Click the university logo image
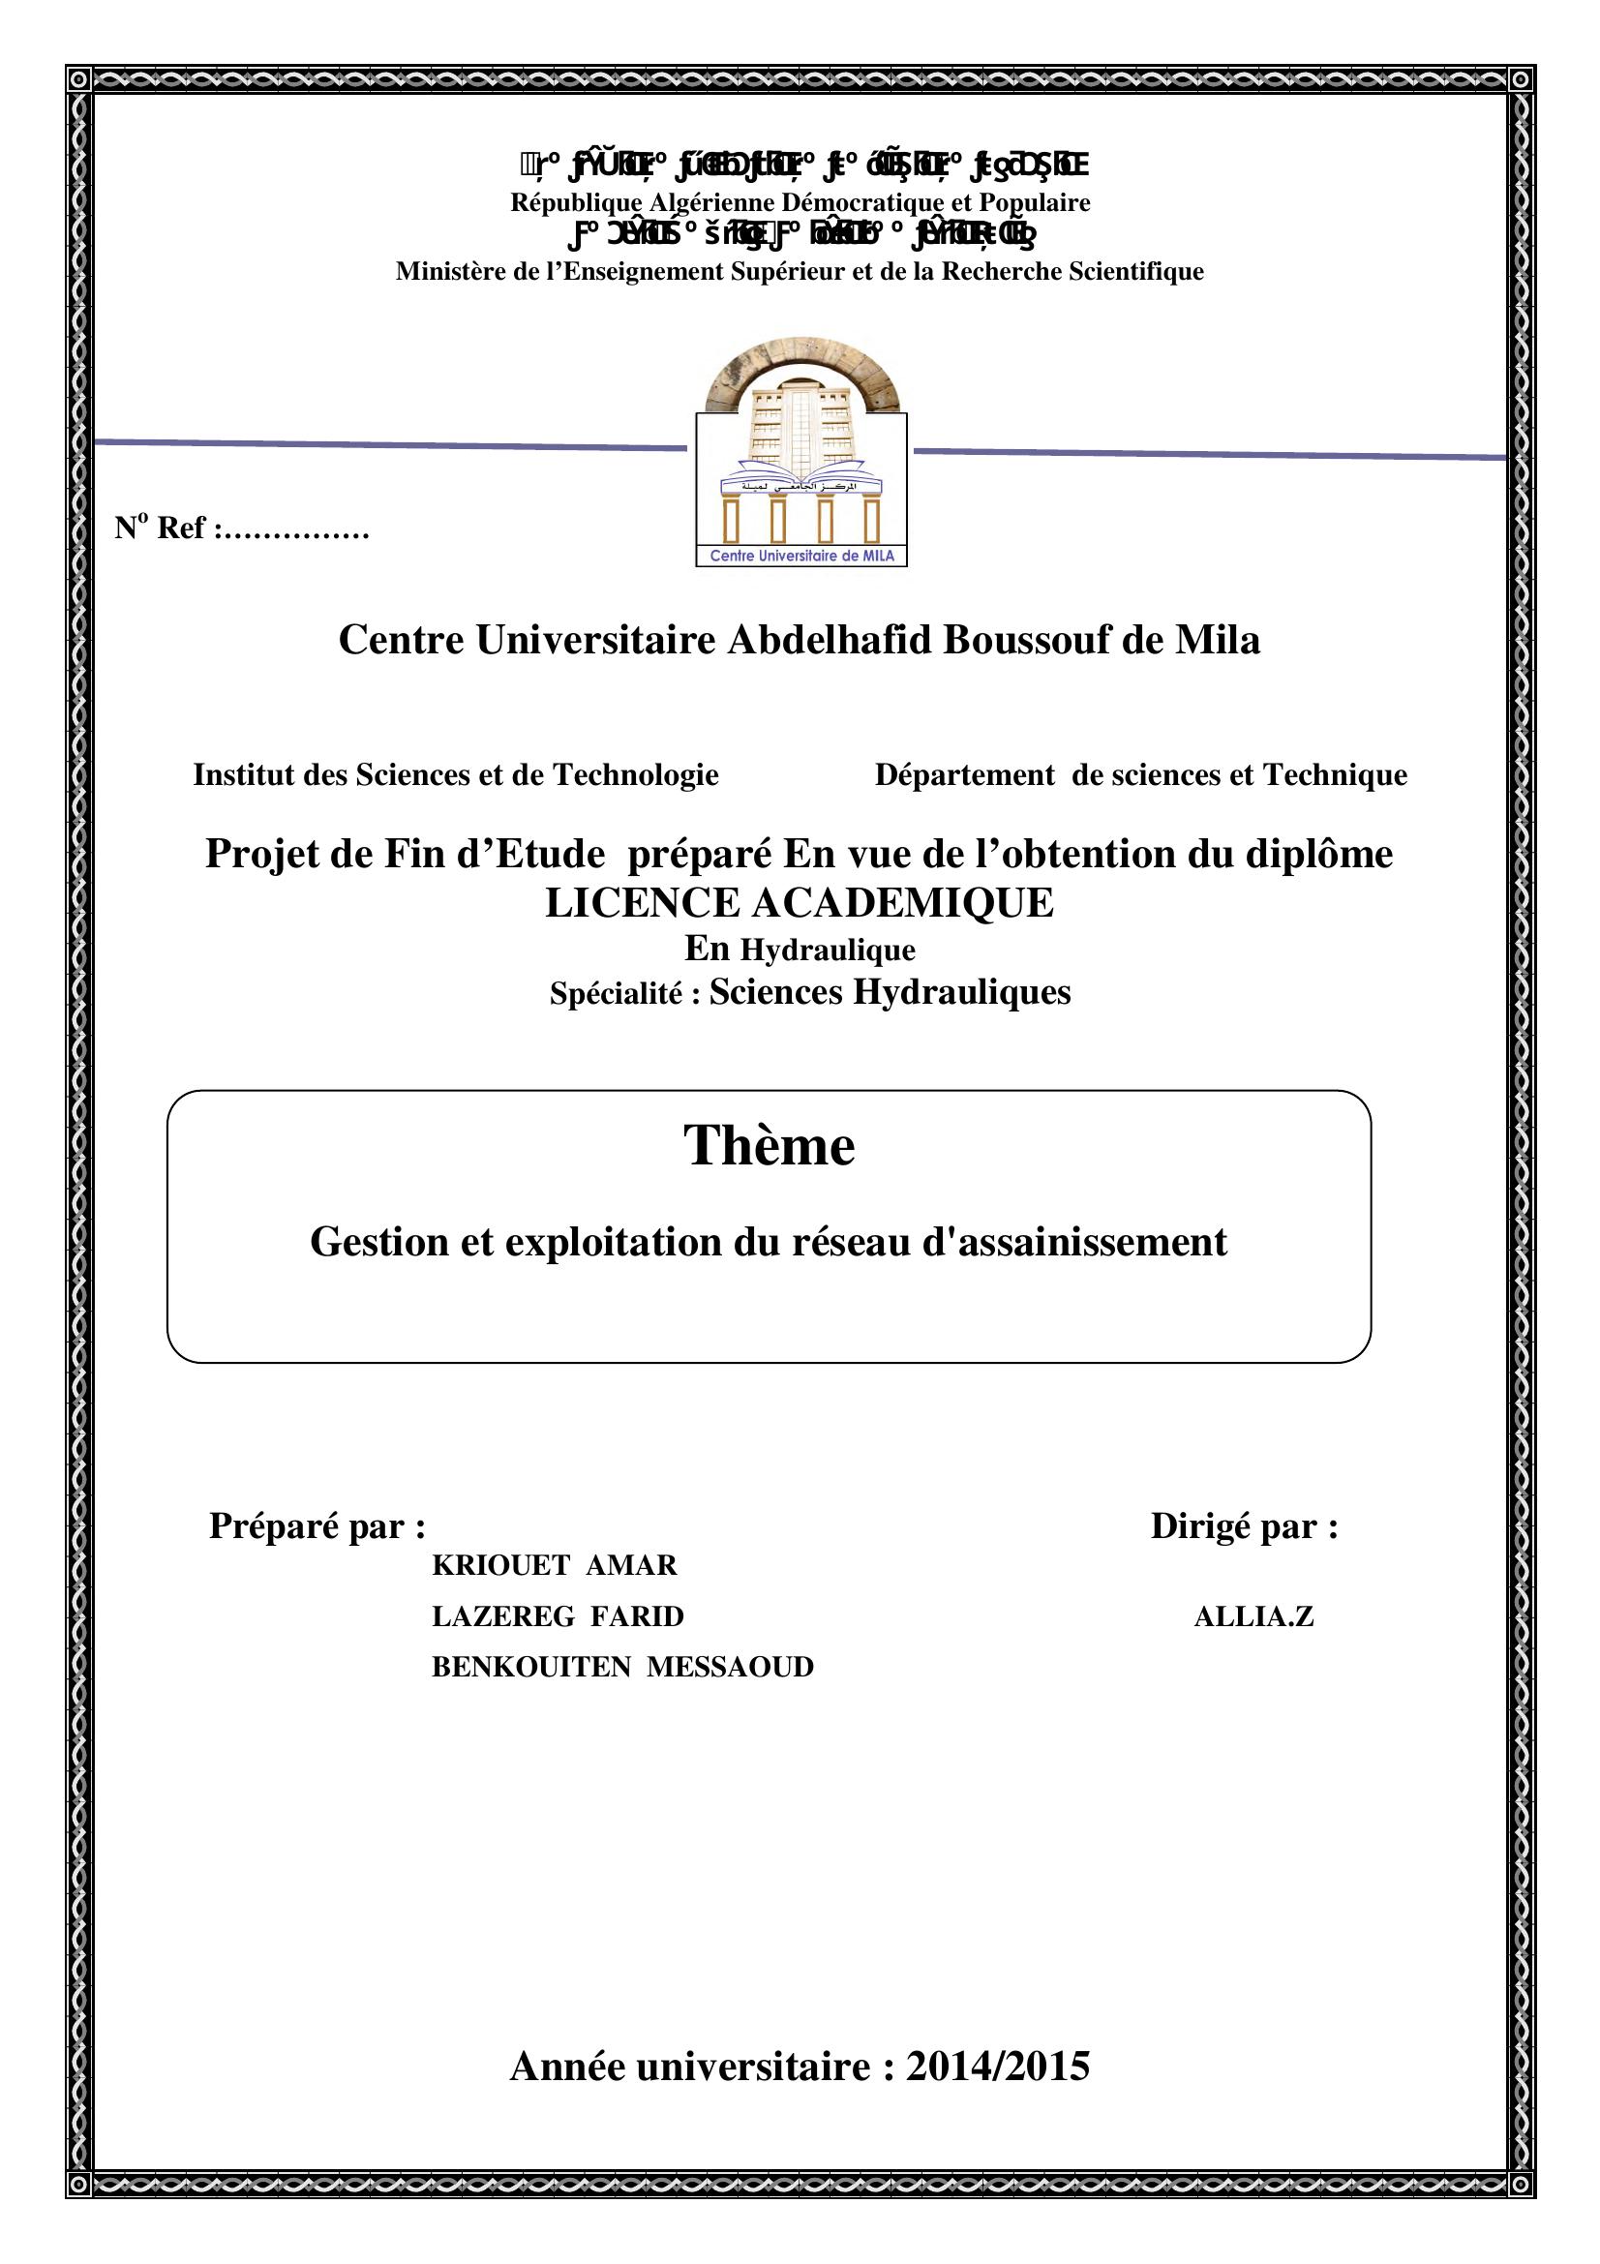click(800, 460)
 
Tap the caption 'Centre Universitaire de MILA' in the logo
click(800, 557)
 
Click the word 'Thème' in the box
click(769, 1146)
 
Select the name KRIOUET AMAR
click(554, 1565)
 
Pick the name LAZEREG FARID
click(557, 1616)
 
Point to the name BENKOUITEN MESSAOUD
click(622, 1667)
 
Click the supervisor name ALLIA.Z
click(1253, 1616)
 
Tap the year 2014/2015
click(998, 2066)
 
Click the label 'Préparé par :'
click(317, 1525)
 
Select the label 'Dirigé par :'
click(1244, 1525)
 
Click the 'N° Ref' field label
click(242, 528)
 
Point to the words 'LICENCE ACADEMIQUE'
click(800, 902)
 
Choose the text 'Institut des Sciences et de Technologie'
click(456, 775)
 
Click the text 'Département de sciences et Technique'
click(1140, 775)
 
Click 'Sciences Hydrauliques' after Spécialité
click(890, 992)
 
